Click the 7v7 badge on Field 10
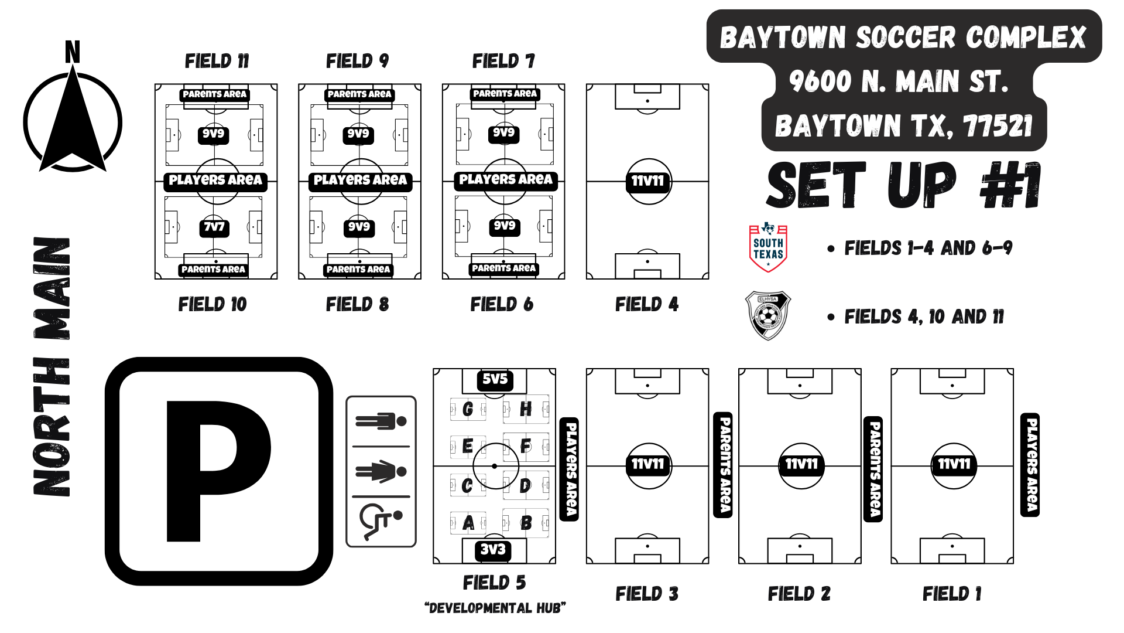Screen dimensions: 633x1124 coord(214,227)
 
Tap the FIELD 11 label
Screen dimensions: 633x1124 coord(217,61)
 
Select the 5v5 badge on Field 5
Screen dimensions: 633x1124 coord(495,379)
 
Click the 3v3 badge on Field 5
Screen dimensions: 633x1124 coord(493,550)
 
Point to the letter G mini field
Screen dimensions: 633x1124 coord(468,409)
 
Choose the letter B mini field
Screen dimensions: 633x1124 coord(526,522)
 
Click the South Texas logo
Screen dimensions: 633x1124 coord(768,247)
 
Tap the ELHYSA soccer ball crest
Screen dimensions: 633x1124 coord(767,316)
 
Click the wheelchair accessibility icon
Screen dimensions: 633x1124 coord(381,520)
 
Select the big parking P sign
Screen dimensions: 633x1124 coord(219,471)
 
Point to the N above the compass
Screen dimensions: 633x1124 coord(72,52)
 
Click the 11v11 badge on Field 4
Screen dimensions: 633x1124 coord(647,181)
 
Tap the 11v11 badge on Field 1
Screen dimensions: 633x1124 coord(954,464)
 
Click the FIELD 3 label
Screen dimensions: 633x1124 coord(647,594)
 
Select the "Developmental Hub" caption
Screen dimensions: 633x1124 coord(495,608)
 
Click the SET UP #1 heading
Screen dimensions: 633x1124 coord(903,185)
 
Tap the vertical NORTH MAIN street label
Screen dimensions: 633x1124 coord(52,366)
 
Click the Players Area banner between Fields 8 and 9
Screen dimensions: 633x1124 coord(360,181)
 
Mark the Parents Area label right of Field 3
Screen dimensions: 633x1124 coord(724,465)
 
